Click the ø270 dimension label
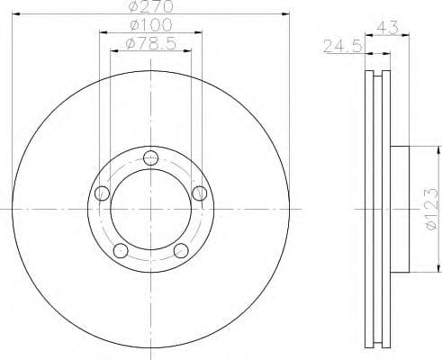150,7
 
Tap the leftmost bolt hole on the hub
102,192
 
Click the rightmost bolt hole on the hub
199,191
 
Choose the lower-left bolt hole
121,249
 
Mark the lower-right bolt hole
181,249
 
